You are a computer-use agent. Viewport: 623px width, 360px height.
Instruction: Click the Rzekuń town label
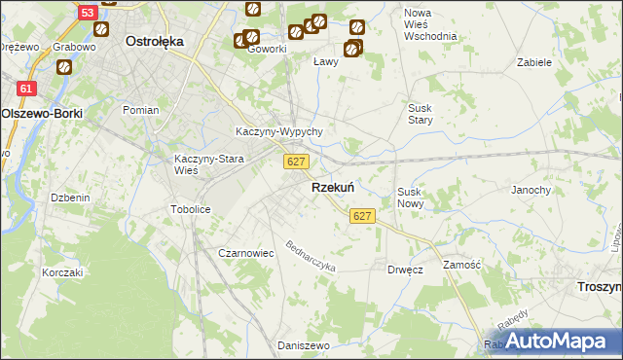[x=332, y=188]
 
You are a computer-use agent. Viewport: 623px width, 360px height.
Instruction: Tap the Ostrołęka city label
[x=156, y=42]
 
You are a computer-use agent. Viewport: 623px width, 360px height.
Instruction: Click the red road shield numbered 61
[x=27, y=88]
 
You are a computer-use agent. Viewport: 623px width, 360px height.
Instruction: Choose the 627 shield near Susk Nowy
[x=362, y=215]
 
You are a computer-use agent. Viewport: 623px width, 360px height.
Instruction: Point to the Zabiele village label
[x=535, y=61]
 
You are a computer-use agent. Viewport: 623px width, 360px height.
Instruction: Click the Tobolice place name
[x=191, y=209]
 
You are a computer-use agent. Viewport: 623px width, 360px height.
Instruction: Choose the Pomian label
[x=141, y=110]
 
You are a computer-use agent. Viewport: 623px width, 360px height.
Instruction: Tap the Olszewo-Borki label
[x=42, y=113]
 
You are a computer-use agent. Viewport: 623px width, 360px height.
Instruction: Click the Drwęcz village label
[x=405, y=270]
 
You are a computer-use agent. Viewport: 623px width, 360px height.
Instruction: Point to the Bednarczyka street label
[x=311, y=255]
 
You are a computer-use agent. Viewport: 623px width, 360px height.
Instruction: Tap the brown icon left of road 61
[x=64, y=68]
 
